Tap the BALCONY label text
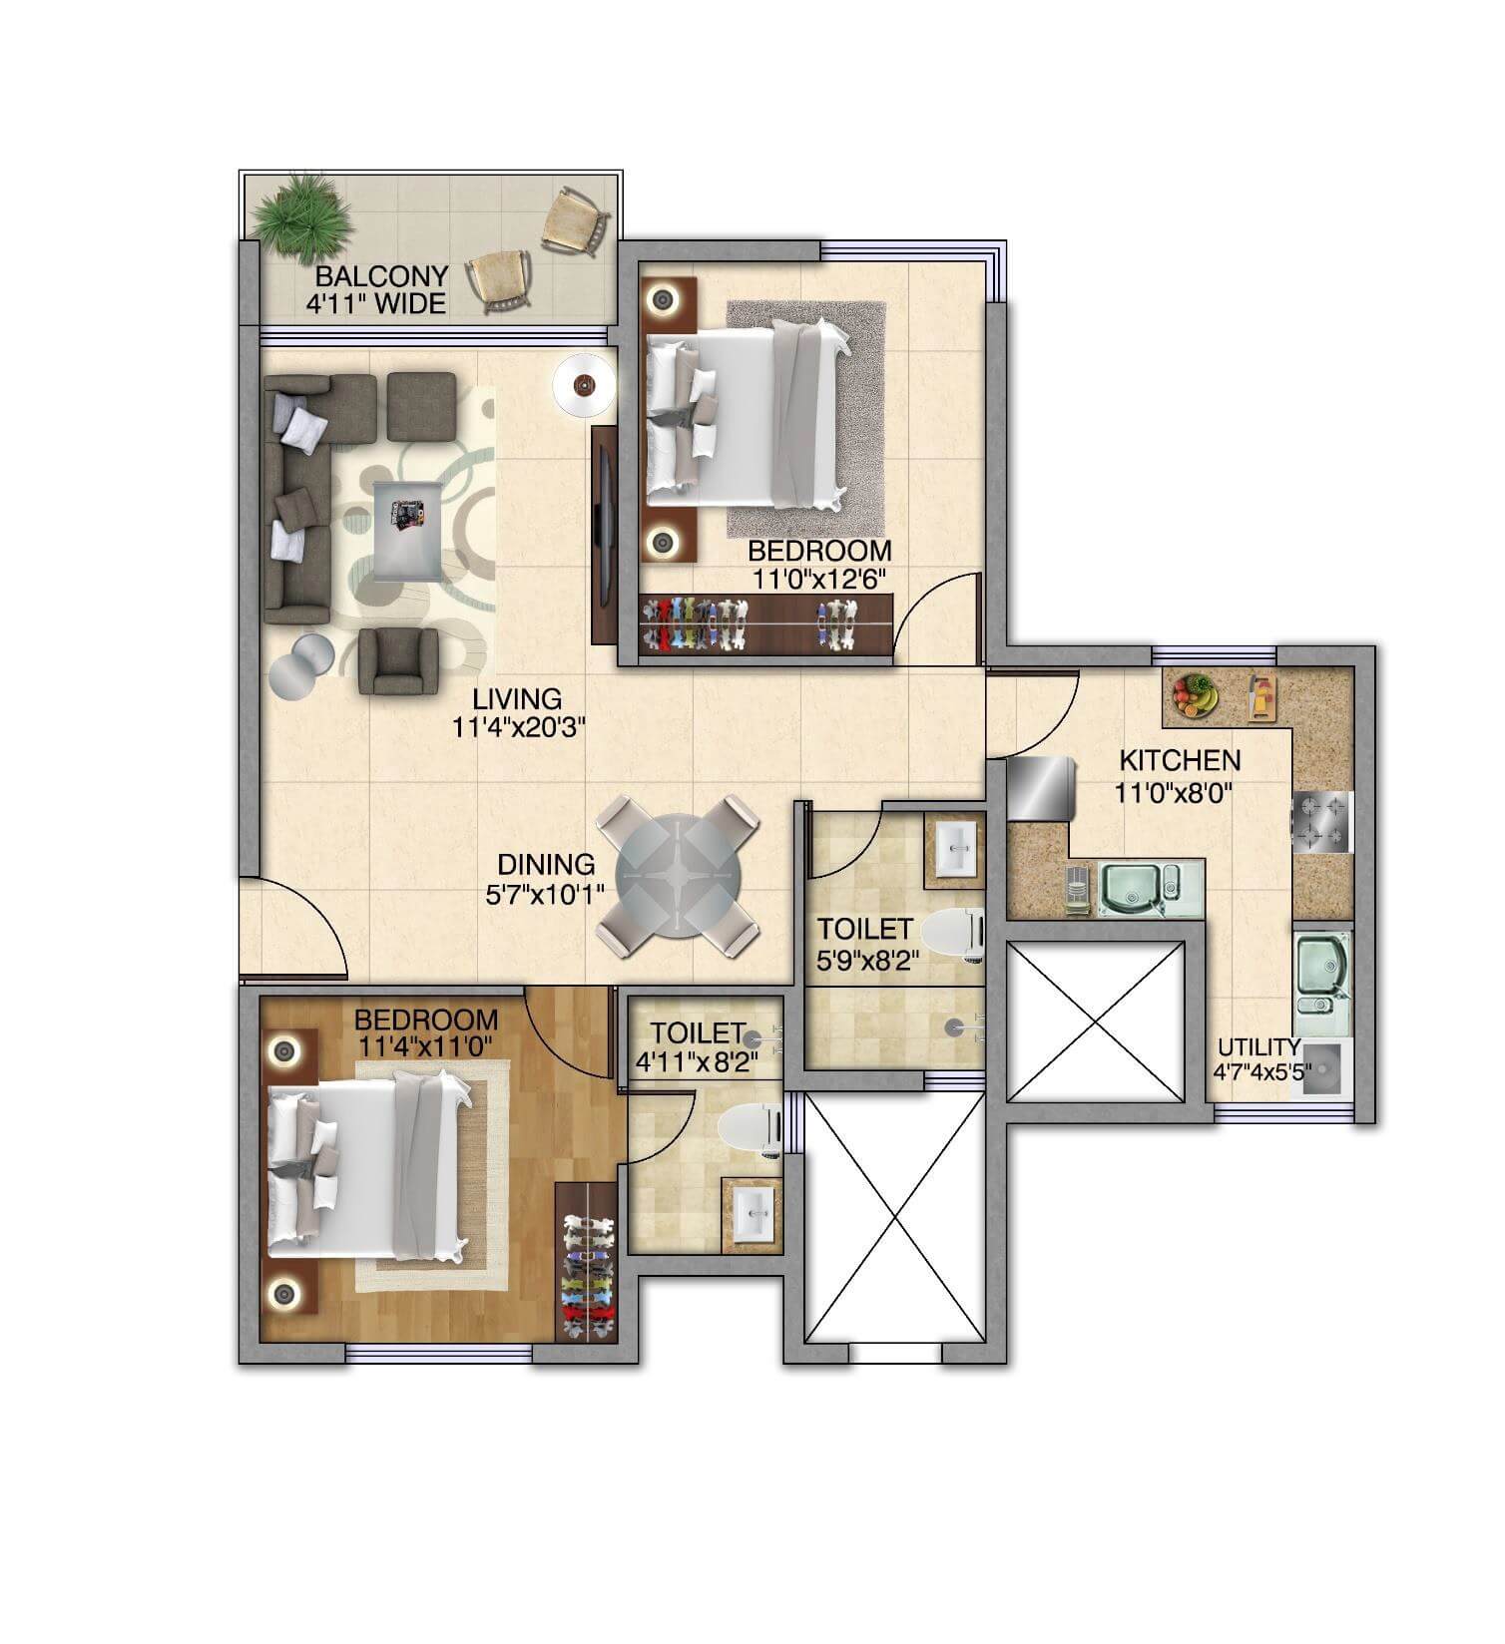pyautogui.click(x=382, y=275)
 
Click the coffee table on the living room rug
pyautogui.click(x=407, y=528)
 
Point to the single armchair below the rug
pyautogui.click(x=398, y=660)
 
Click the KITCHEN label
pyautogui.click(x=1180, y=760)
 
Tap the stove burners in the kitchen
pyautogui.click(x=1321, y=823)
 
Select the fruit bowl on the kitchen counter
pyautogui.click(x=1195, y=694)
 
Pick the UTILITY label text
pyautogui.click(x=1257, y=1047)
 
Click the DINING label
pyautogui.click(x=546, y=865)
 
